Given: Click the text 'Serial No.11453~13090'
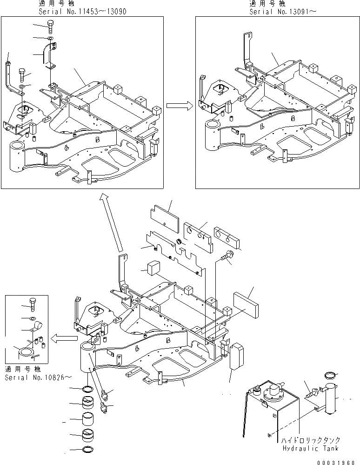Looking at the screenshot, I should [x=82, y=11].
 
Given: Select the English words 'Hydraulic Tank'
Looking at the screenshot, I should [x=309, y=448].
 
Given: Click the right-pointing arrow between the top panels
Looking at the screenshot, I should [x=180, y=106].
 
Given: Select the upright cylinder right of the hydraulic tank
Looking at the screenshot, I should [x=330, y=398].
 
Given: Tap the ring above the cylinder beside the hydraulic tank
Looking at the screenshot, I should [x=330, y=375].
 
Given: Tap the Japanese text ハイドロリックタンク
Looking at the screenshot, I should [x=310, y=439].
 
